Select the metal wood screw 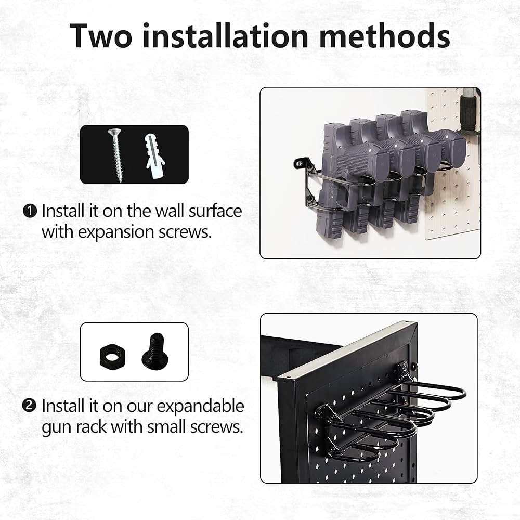pyautogui.click(x=115, y=154)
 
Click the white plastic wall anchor pyautogui.click(x=154, y=155)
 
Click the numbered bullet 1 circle pyautogui.click(x=30, y=211)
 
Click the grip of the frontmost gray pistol pyautogui.click(x=359, y=161)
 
